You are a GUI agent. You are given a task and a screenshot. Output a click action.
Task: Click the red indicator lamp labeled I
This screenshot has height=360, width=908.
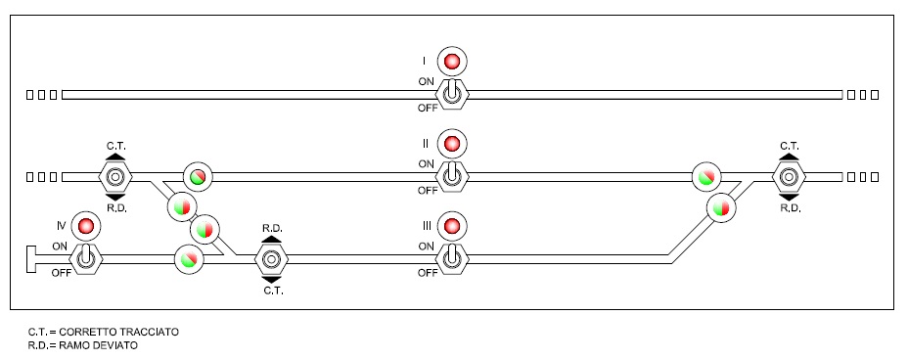pos(452,61)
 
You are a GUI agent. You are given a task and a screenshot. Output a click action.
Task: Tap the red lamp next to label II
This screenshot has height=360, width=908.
pos(452,143)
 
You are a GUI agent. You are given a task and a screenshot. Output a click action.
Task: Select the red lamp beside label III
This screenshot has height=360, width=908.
pos(452,225)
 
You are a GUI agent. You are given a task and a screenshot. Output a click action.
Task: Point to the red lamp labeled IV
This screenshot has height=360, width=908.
pos(86,226)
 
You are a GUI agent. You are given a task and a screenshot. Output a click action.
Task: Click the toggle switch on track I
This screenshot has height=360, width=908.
pos(452,94)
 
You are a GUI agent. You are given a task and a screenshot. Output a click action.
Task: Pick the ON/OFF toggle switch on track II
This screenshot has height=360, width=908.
pos(452,176)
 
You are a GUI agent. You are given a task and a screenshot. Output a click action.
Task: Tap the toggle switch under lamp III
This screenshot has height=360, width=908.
pos(452,258)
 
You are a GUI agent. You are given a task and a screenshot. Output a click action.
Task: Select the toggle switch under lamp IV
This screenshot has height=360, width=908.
pos(86,258)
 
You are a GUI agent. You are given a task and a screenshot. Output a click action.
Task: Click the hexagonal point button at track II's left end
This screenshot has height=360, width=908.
pos(115,176)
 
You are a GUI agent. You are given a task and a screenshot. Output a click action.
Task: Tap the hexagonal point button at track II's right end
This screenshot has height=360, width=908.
pos(789,176)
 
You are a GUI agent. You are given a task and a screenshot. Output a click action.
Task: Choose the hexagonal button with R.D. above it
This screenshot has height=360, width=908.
pos(272,258)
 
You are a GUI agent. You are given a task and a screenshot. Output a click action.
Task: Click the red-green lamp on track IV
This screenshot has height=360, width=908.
pos(190,258)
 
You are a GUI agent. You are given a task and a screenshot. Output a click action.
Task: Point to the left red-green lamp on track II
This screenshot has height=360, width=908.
pos(198,176)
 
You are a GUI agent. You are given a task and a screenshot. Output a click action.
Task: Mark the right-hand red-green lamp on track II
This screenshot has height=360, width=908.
pos(706,176)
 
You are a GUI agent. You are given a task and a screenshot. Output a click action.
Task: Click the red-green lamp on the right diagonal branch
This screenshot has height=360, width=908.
pos(721,206)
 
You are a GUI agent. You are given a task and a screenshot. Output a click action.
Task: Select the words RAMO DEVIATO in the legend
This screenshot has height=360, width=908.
pos(99,345)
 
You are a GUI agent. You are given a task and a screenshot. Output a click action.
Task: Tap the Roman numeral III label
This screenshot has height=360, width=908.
pos(427,225)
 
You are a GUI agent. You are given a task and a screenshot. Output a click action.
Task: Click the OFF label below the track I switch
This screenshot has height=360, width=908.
pos(428,108)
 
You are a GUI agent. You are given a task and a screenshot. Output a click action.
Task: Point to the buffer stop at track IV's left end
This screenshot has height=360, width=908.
pos(31,258)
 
